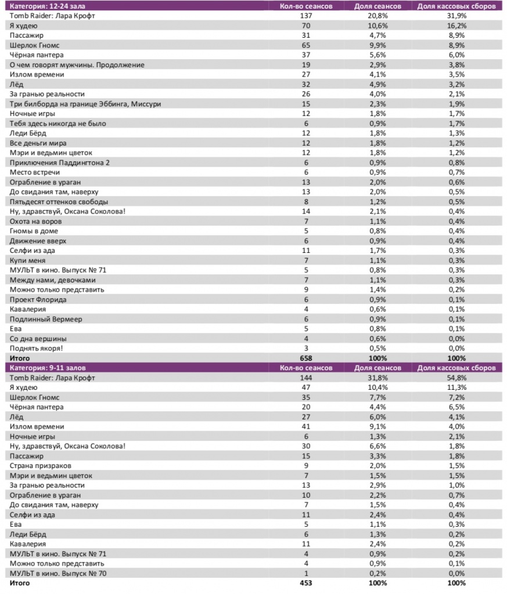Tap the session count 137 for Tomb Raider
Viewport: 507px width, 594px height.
click(306, 16)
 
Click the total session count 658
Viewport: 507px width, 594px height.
click(306, 358)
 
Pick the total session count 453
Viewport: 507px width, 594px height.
click(306, 583)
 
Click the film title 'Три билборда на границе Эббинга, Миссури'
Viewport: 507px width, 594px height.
click(85, 104)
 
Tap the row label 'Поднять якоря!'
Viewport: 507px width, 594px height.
click(37, 349)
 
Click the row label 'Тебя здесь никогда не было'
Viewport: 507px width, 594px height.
click(58, 124)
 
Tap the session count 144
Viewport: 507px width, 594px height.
click(306, 378)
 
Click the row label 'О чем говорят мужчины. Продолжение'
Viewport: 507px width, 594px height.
click(77, 65)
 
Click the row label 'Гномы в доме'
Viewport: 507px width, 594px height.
click(34, 231)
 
